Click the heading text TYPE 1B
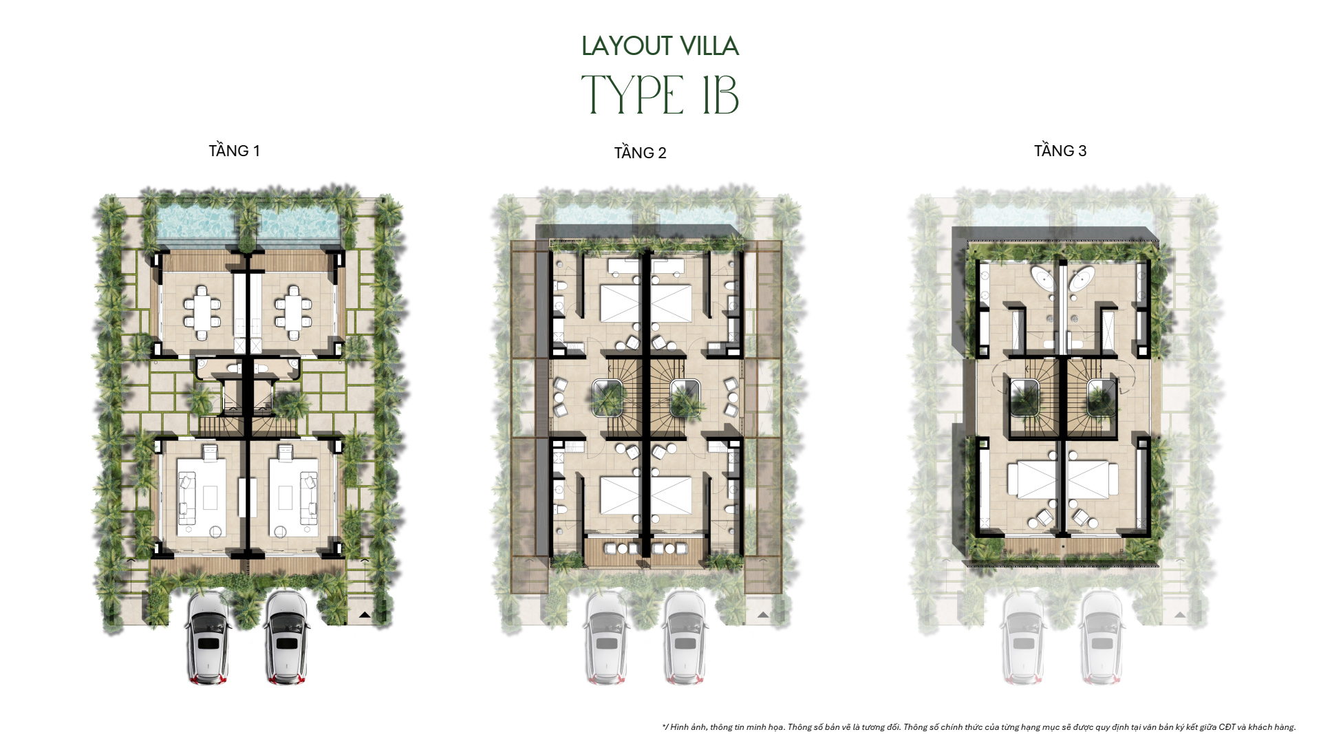pos(660,95)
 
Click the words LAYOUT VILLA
pos(660,46)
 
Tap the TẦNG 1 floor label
pos(234,151)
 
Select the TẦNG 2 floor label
pos(640,153)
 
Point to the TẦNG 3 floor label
pos(1060,151)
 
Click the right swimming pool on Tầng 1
pos(299,222)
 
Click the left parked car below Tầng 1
pos(207,638)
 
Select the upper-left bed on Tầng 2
pos(621,303)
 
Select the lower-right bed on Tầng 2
pos(672,495)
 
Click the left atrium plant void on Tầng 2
pos(608,398)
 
